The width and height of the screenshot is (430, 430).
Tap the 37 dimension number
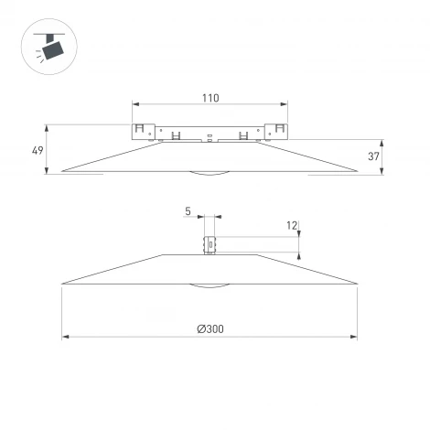click(x=374, y=156)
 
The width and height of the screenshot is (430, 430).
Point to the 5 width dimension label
click(x=188, y=212)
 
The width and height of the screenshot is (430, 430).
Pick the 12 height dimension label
click(x=292, y=225)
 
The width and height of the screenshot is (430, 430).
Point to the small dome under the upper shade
click(x=210, y=173)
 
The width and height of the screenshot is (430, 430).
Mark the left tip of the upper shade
click(x=62, y=170)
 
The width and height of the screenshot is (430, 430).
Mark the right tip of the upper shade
click(x=357, y=170)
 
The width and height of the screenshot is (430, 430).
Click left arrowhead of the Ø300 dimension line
click(x=65, y=337)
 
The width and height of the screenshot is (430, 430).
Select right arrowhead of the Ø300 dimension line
click(x=354, y=337)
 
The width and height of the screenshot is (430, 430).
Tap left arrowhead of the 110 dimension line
click(x=135, y=103)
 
